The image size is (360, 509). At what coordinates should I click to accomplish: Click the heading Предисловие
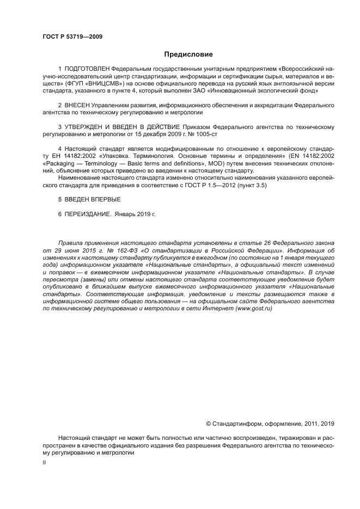click(x=188, y=54)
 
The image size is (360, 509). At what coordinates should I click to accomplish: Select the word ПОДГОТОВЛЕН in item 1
click(x=87, y=70)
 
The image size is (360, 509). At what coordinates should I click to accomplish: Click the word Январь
click(x=127, y=214)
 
